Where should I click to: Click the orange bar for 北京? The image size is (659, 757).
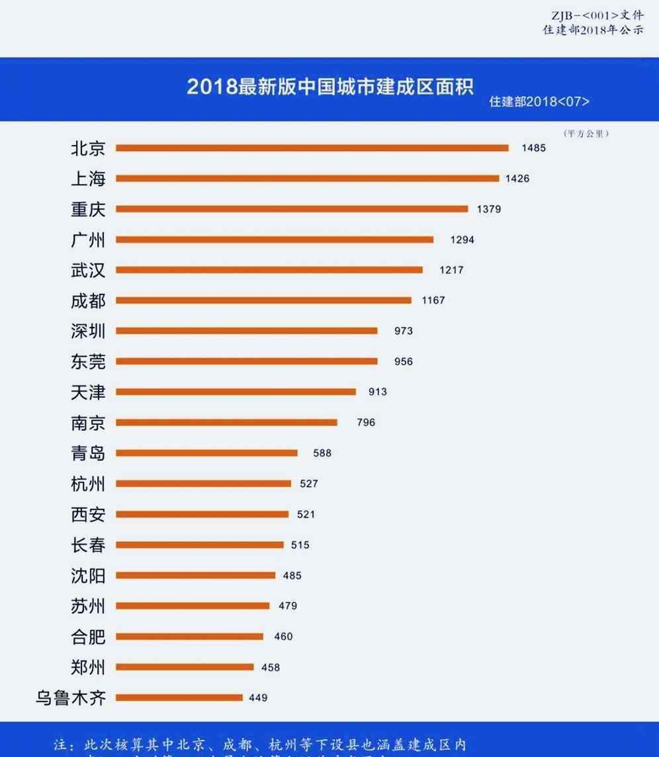[x=312, y=148]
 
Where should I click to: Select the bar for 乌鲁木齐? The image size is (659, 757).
[x=179, y=697]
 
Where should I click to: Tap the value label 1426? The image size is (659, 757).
[x=517, y=179]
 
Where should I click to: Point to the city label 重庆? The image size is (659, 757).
[x=88, y=209]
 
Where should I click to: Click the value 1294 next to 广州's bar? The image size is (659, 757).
[x=462, y=240]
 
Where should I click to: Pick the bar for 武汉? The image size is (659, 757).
[x=269, y=270]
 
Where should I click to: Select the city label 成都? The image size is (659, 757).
[x=88, y=300]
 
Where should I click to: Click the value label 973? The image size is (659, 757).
[x=404, y=331]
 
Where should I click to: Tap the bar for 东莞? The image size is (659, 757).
[x=247, y=361]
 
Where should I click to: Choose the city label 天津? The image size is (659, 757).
[x=88, y=392]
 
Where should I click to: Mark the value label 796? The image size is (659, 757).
[x=365, y=422]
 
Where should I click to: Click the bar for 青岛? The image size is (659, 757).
[x=206, y=453]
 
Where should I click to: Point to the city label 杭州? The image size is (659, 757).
[x=88, y=484]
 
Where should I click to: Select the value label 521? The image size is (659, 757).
[x=306, y=514]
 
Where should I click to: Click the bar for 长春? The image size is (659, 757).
[x=200, y=545]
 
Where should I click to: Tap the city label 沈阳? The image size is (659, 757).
[x=88, y=576]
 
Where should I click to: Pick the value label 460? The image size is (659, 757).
[x=283, y=637]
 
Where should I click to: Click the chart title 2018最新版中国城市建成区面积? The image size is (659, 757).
[x=330, y=87]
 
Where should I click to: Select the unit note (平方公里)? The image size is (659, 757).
[x=586, y=134]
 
